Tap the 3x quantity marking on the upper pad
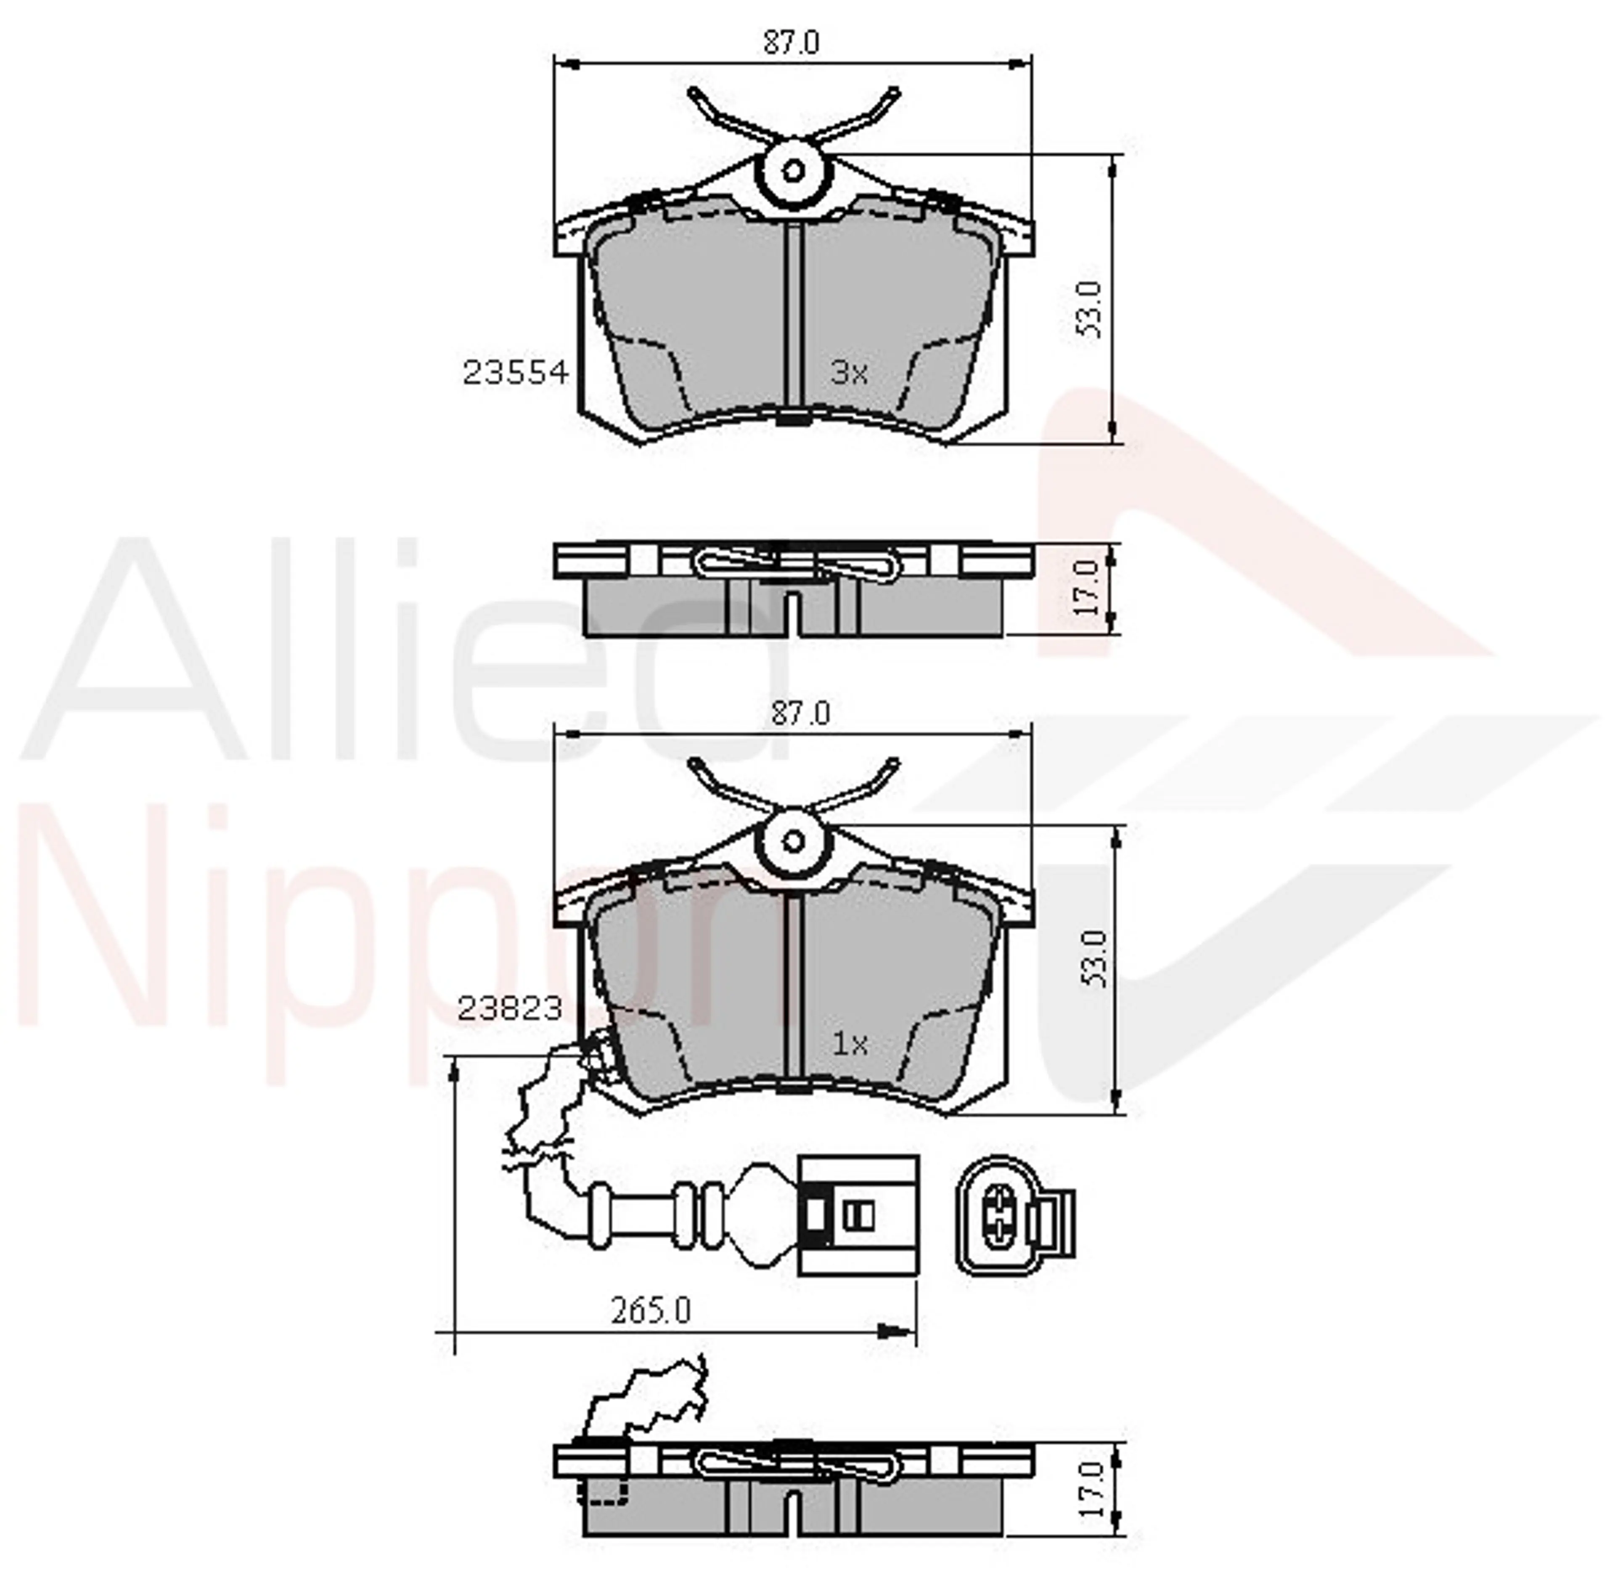(849, 374)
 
